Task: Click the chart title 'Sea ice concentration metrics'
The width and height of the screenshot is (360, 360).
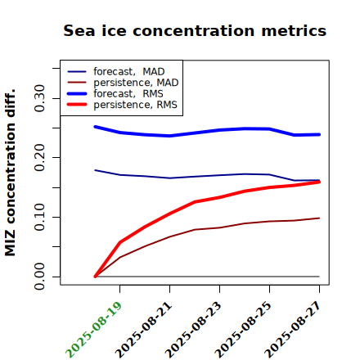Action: pyautogui.click(x=195, y=31)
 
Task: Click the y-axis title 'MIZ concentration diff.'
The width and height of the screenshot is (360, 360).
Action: pyautogui.click(x=10, y=173)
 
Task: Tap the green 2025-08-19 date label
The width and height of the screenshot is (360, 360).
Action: pyautogui.click(x=93, y=330)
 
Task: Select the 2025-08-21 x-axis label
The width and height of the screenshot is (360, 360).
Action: pyautogui.click(x=144, y=330)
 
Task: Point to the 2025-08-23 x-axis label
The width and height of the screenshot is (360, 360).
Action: pyautogui.click(x=193, y=330)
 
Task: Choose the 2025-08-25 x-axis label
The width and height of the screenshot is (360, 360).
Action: pyautogui.click(x=243, y=330)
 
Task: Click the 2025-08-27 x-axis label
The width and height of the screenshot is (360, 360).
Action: pyautogui.click(x=293, y=330)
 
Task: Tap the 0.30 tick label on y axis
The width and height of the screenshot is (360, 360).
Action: pyautogui.click(x=39, y=98)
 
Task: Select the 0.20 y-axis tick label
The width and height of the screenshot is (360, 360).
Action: pyautogui.click(x=39, y=158)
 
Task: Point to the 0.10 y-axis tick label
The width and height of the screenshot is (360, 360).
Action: pyautogui.click(x=39, y=217)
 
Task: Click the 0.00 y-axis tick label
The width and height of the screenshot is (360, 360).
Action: pyautogui.click(x=39, y=277)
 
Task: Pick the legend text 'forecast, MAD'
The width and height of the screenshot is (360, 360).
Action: pyautogui.click(x=129, y=72)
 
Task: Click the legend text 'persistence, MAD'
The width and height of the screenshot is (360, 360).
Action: pyautogui.click(x=136, y=83)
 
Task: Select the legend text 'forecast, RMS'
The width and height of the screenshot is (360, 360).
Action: pyautogui.click(x=128, y=93)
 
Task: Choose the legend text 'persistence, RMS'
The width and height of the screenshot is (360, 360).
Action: pyautogui.click(x=135, y=105)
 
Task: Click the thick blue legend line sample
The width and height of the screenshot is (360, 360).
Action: pyautogui.click(x=77, y=93)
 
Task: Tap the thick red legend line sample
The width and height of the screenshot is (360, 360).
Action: pyautogui.click(x=77, y=105)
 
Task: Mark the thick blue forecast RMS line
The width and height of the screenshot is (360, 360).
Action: pyautogui.click(x=207, y=132)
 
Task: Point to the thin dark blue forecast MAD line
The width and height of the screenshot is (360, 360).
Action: pyautogui.click(x=207, y=176)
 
